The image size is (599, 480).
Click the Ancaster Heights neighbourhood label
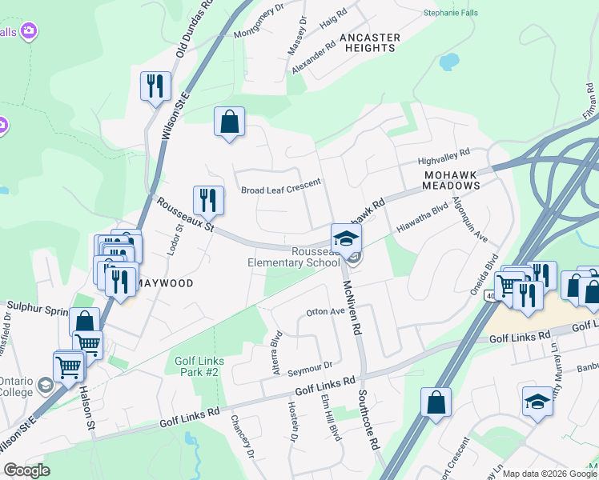tap(368, 42)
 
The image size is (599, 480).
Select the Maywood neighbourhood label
tap(167, 283)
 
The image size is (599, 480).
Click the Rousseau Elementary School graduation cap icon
tap(346, 238)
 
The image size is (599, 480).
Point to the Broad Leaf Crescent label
tap(281, 190)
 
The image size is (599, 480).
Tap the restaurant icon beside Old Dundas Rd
tap(155, 86)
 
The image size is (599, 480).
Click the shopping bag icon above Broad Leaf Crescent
tap(229, 122)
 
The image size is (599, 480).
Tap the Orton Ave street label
tap(325, 312)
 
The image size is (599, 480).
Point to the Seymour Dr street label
tap(310, 365)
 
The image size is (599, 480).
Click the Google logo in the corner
tap(27, 470)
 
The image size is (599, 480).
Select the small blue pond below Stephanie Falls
tap(448, 62)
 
